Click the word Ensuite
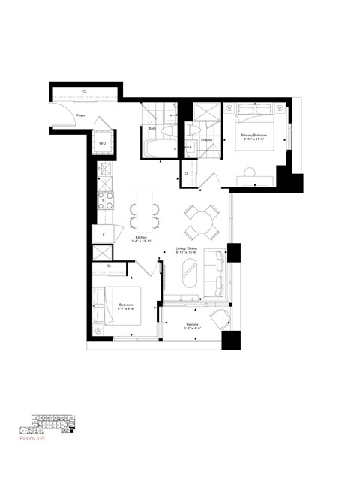[208, 140]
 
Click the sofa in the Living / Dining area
[218, 274]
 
